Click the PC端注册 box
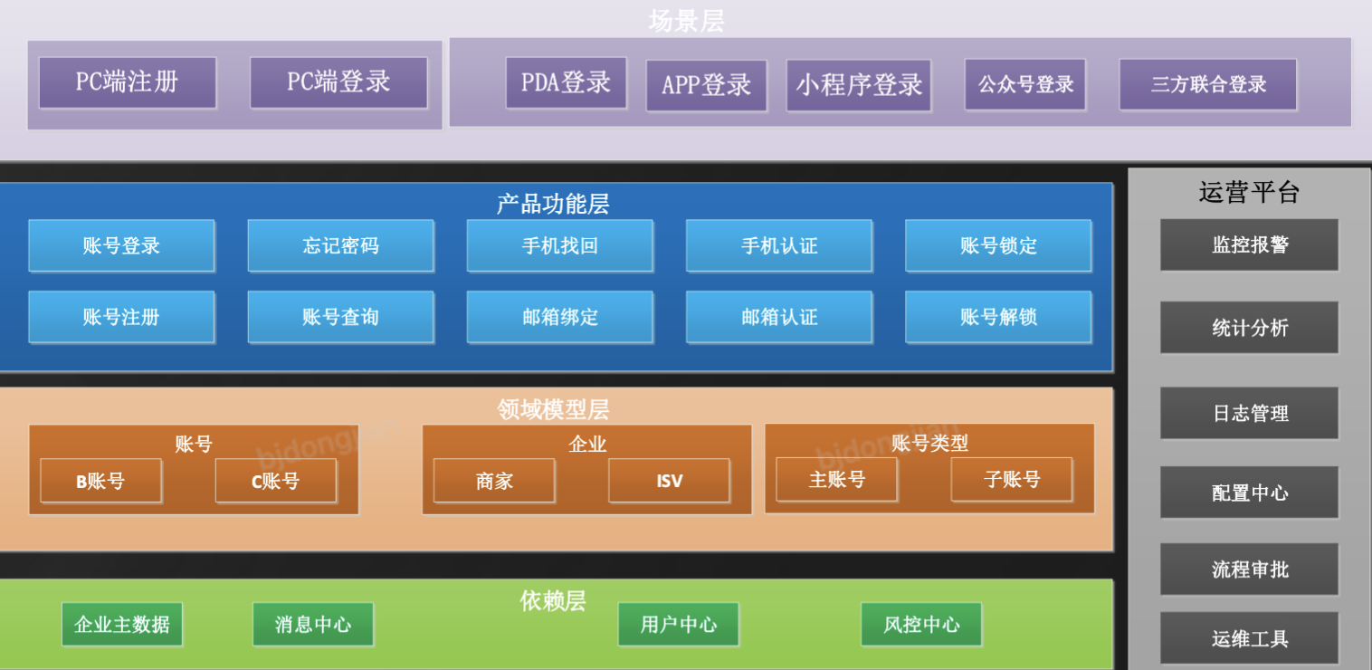pos(128,82)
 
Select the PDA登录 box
pos(566,83)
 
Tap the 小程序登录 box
pos(859,85)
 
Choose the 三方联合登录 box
pos(1207,85)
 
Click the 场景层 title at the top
pos(686,21)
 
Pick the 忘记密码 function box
pos(340,245)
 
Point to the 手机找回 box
pos(559,245)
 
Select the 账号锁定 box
pos(998,245)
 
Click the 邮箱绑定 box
pos(559,317)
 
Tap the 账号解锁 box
pos(998,317)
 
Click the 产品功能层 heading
pos(553,204)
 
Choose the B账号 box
pos(100,481)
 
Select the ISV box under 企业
pos(669,481)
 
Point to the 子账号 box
pos(1011,479)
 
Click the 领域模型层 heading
pos(553,409)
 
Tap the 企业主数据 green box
pos(122,625)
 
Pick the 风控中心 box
pos(920,625)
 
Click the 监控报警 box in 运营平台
pos(1249,244)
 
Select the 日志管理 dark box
pos(1249,413)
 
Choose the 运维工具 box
pos(1249,638)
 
